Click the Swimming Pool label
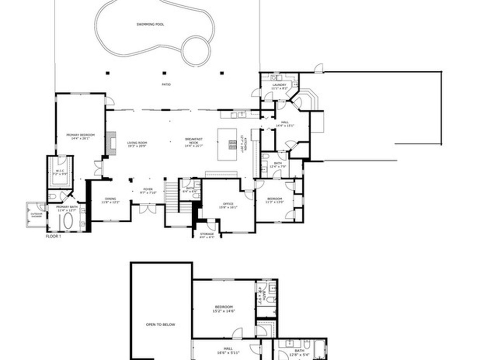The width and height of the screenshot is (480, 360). pyautogui.click(x=150, y=24)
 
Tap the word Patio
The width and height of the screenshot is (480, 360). pyautogui.click(x=166, y=85)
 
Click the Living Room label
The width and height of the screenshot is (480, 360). pyautogui.click(x=137, y=144)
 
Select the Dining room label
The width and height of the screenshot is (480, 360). pyautogui.click(x=111, y=200)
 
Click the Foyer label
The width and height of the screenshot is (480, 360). pyautogui.click(x=148, y=191)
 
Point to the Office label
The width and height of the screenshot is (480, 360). pyautogui.click(x=228, y=205)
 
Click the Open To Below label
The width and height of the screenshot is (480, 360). pyautogui.click(x=161, y=324)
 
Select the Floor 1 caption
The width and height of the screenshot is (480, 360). pyautogui.click(x=53, y=236)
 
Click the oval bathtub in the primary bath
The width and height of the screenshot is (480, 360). pyautogui.click(x=68, y=221)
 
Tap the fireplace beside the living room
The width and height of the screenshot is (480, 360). pyautogui.click(x=111, y=143)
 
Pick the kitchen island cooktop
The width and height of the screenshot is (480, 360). pyautogui.click(x=232, y=144)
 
